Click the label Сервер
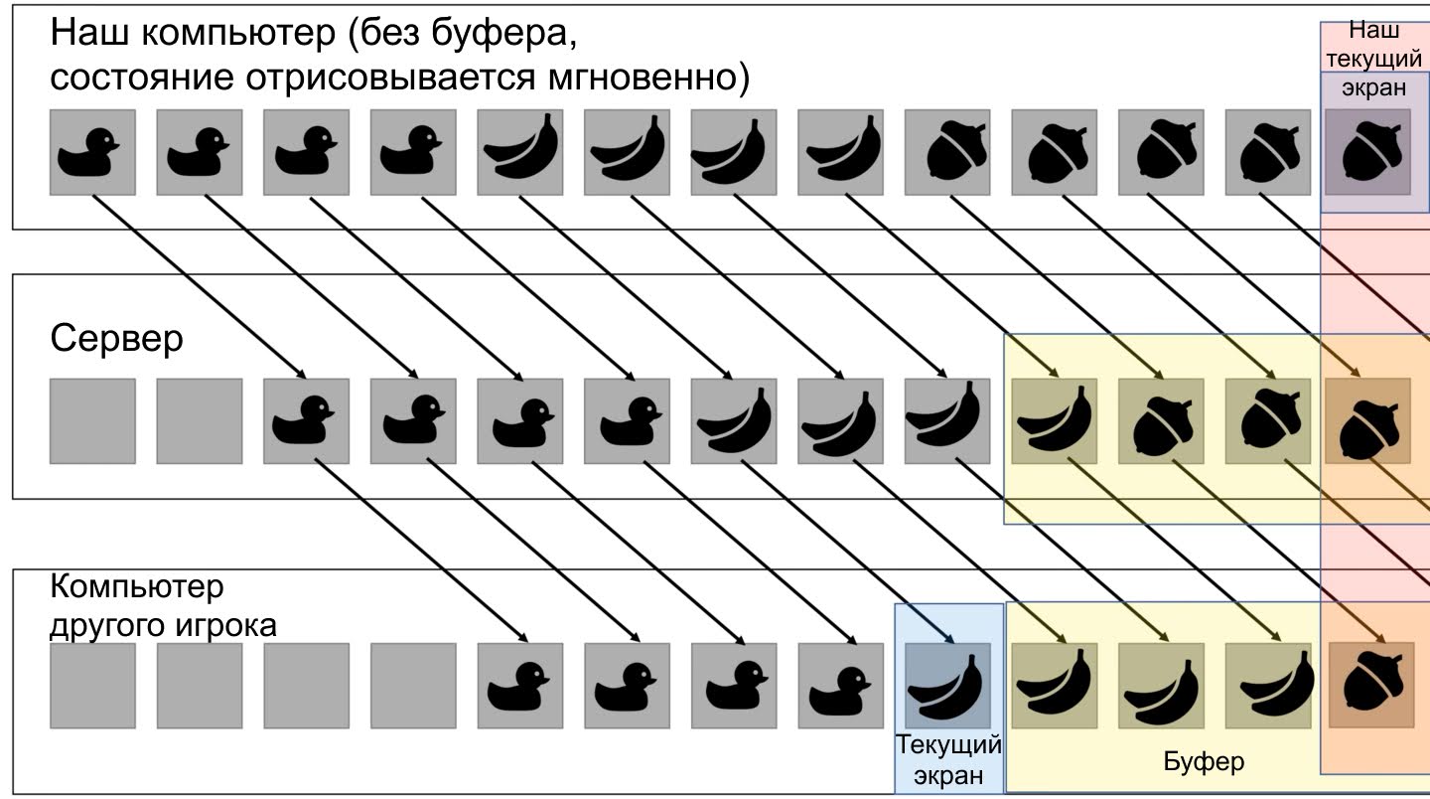click(x=116, y=339)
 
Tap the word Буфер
click(x=1203, y=762)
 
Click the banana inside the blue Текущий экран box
click(x=947, y=685)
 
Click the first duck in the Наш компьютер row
click(x=92, y=152)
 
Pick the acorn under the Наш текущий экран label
click(x=1367, y=152)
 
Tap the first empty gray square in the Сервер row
click(x=92, y=420)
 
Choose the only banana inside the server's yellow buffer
click(x=1054, y=420)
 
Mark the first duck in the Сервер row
click(x=306, y=420)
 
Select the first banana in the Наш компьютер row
click(x=519, y=152)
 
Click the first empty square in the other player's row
click(x=92, y=685)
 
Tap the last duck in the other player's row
click(x=840, y=685)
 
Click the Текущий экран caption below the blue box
click(x=948, y=759)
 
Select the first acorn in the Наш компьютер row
click(x=947, y=152)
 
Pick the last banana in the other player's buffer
click(x=1267, y=685)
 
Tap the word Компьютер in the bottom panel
click(x=137, y=587)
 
